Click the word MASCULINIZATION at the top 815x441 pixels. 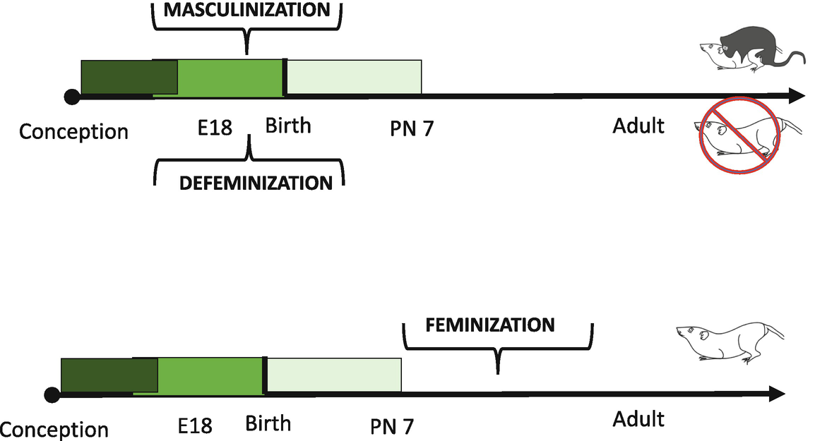coord(246,10)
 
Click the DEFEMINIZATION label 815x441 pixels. coord(256,183)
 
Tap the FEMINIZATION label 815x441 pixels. coord(490,325)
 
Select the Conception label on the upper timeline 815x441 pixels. coord(73,132)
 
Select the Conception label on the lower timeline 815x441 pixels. coord(54,430)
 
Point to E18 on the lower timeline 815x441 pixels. coord(195,425)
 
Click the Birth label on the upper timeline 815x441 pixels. coord(288,126)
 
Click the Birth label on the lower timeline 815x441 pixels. coord(268,423)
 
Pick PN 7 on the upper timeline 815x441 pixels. coord(412,129)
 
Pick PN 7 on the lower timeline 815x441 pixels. coord(392,426)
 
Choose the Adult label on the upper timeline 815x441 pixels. coord(638,126)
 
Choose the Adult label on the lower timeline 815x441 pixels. coord(638,418)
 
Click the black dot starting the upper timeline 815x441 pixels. coord(71,97)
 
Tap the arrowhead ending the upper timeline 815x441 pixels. coord(797,96)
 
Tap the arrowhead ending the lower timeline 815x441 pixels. coord(778,394)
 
